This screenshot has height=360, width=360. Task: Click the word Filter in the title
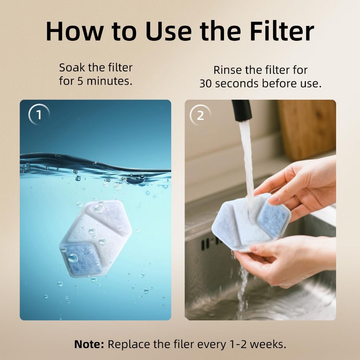[282, 31]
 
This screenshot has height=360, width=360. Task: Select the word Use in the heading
[168, 31]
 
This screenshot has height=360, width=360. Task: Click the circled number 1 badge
[39, 115]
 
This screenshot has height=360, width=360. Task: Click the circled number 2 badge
[200, 115]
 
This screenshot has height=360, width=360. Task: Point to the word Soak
[72, 68]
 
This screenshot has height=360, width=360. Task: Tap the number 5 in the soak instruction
[80, 81]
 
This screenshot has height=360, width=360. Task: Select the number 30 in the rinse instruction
[205, 84]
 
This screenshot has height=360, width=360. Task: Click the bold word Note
[89, 345]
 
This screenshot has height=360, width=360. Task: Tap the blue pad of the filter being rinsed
[273, 219]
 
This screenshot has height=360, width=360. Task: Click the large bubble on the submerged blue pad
[72, 258]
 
